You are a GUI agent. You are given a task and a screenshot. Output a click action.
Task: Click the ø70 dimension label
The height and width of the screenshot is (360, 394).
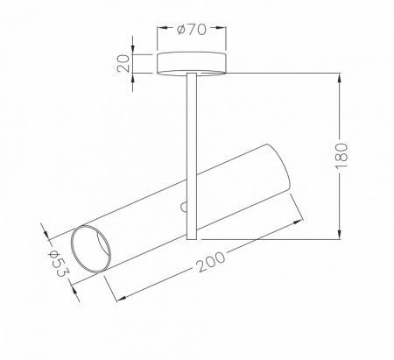(x=192, y=30)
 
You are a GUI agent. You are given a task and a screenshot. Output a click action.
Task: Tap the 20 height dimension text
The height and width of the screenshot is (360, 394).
(x=123, y=63)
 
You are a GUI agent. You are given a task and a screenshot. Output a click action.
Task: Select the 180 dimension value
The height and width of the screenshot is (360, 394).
(x=341, y=156)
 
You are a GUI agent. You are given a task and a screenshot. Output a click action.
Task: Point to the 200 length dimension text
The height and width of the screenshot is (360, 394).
(x=211, y=262)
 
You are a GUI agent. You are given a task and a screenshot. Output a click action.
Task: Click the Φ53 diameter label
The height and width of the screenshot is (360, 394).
(x=58, y=263)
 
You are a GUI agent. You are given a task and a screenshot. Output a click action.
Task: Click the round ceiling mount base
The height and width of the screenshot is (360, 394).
(x=191, y=63)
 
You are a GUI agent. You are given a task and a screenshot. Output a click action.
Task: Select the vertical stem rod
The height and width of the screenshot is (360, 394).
(x=192, y=156)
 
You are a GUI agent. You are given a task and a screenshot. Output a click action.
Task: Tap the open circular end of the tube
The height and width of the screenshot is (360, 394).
(x=91, y=249)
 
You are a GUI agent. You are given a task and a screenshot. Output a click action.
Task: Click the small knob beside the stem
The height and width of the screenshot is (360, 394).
(x=183, y=207)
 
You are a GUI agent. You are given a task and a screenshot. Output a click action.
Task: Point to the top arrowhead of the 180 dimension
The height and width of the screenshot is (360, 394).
(x=340, y=79)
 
